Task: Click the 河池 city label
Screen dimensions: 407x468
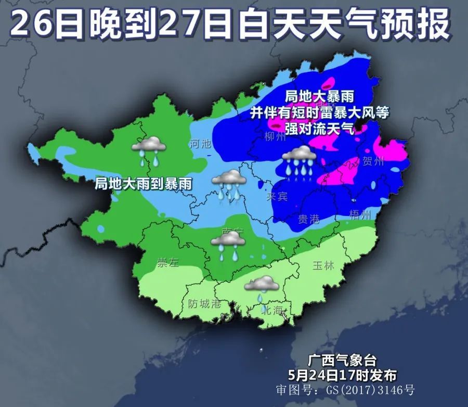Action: [201, 144]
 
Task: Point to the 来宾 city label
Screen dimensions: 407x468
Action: [277, 197]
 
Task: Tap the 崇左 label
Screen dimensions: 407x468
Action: [167, 263]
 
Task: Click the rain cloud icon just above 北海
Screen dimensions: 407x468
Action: [261, 286]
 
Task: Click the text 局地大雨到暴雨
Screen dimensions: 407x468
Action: [143, 183]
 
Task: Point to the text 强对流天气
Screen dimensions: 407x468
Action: [319, 128]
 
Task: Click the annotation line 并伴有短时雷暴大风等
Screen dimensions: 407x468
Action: [319, 112]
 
